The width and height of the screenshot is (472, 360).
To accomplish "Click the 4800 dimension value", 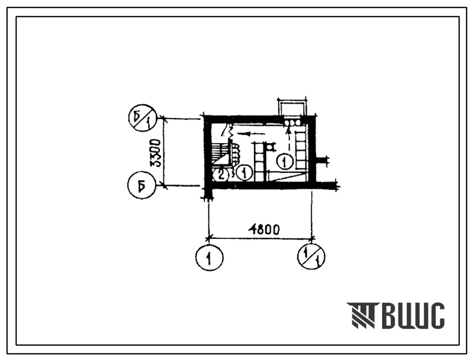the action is point(264,230).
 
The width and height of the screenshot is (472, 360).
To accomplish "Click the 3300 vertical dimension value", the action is point(157,153).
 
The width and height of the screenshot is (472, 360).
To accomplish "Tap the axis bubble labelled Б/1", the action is point(142,118).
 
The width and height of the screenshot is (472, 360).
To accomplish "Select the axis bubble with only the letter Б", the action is point(142,185).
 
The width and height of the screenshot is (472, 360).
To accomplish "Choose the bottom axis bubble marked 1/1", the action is point(311,256).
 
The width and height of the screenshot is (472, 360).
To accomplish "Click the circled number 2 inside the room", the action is point(221,174).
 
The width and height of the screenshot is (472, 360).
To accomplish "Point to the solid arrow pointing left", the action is point(252,134).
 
